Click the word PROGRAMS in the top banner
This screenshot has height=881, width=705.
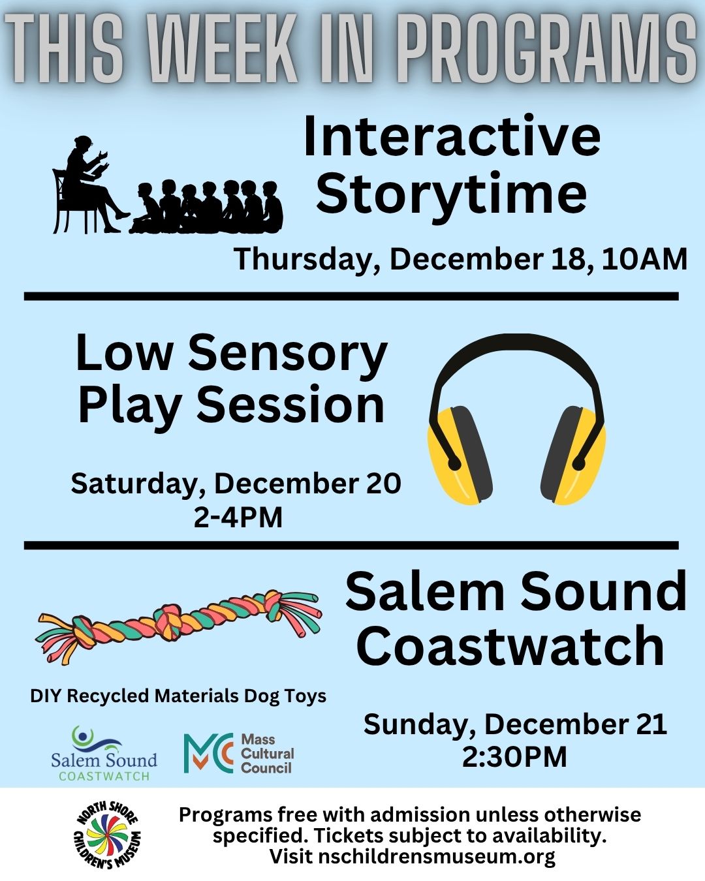pos(547,50)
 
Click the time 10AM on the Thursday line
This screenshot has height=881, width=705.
pos(644,259)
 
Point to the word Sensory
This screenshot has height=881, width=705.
pos(288,353)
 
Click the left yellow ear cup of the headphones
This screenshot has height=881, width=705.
pos(460,455)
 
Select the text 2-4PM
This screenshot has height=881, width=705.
pos(238,518)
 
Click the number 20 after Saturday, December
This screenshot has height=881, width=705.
pos(383,484)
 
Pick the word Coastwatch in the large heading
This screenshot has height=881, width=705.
pos(510,645)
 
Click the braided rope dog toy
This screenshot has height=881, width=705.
pos(178,626)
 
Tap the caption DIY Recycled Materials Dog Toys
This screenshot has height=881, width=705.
pos(178,696)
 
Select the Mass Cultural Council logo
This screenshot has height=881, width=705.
pos(238,753)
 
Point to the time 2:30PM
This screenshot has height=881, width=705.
pos(514,757)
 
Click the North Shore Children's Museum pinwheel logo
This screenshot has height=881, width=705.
pos(107,835)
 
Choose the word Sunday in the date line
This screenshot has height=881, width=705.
pos(415,724)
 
